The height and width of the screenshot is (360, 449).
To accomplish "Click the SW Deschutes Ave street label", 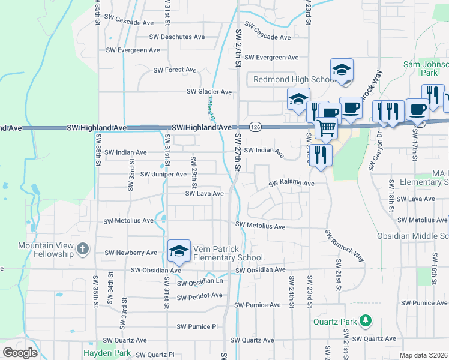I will coord(177,37).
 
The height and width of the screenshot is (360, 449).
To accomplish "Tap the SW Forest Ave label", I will coord(175,70).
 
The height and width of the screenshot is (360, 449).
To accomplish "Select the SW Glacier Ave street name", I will coord(209,91).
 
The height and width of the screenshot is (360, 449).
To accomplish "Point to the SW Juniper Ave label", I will coord(163,174).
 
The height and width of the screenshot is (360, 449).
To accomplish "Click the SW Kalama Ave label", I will coord(291,182).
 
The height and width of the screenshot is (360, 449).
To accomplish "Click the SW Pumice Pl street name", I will coord(197,327).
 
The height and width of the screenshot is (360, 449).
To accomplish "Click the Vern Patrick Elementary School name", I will coord(228,253).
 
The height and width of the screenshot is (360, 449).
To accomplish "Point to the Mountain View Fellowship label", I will coord(45,249).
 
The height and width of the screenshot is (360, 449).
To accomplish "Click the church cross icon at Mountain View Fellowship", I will coord(83,247).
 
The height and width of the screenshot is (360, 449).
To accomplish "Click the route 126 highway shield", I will coord(255,127).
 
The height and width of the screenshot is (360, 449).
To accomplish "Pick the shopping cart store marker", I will coord(326,127).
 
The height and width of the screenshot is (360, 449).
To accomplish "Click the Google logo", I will coord(20,353).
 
